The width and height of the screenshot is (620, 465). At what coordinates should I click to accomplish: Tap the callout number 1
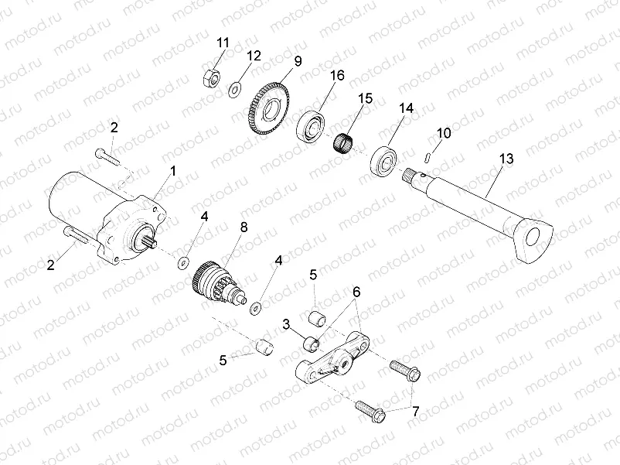pyautogui.click(x=173, y=169)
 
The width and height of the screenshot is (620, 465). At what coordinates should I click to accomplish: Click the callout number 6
pyautogui.click(x=356, y=292)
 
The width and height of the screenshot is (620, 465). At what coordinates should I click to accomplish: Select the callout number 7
pyautogui.click(x=415, y=412)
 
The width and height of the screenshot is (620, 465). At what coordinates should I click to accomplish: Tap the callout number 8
pyautogui.click(x=244, y=227)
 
